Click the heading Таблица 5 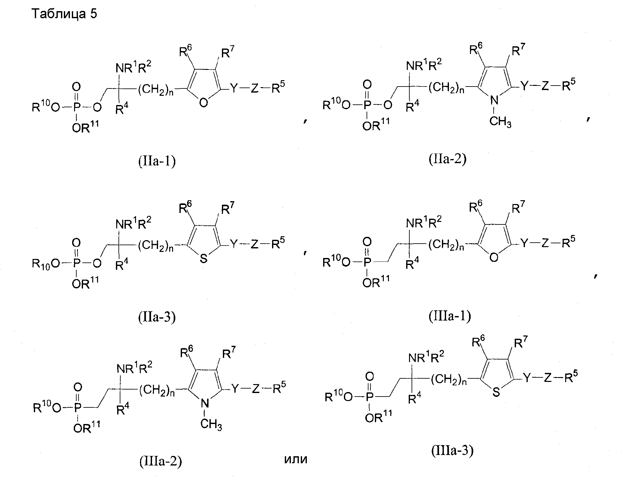64,14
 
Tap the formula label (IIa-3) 157,317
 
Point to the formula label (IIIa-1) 450,315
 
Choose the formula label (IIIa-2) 161,462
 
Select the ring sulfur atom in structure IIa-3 203,259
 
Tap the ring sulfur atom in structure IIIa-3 496,392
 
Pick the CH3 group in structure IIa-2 500,122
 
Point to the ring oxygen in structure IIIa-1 494,257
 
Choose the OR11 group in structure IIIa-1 376,282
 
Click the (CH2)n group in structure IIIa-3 449,380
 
